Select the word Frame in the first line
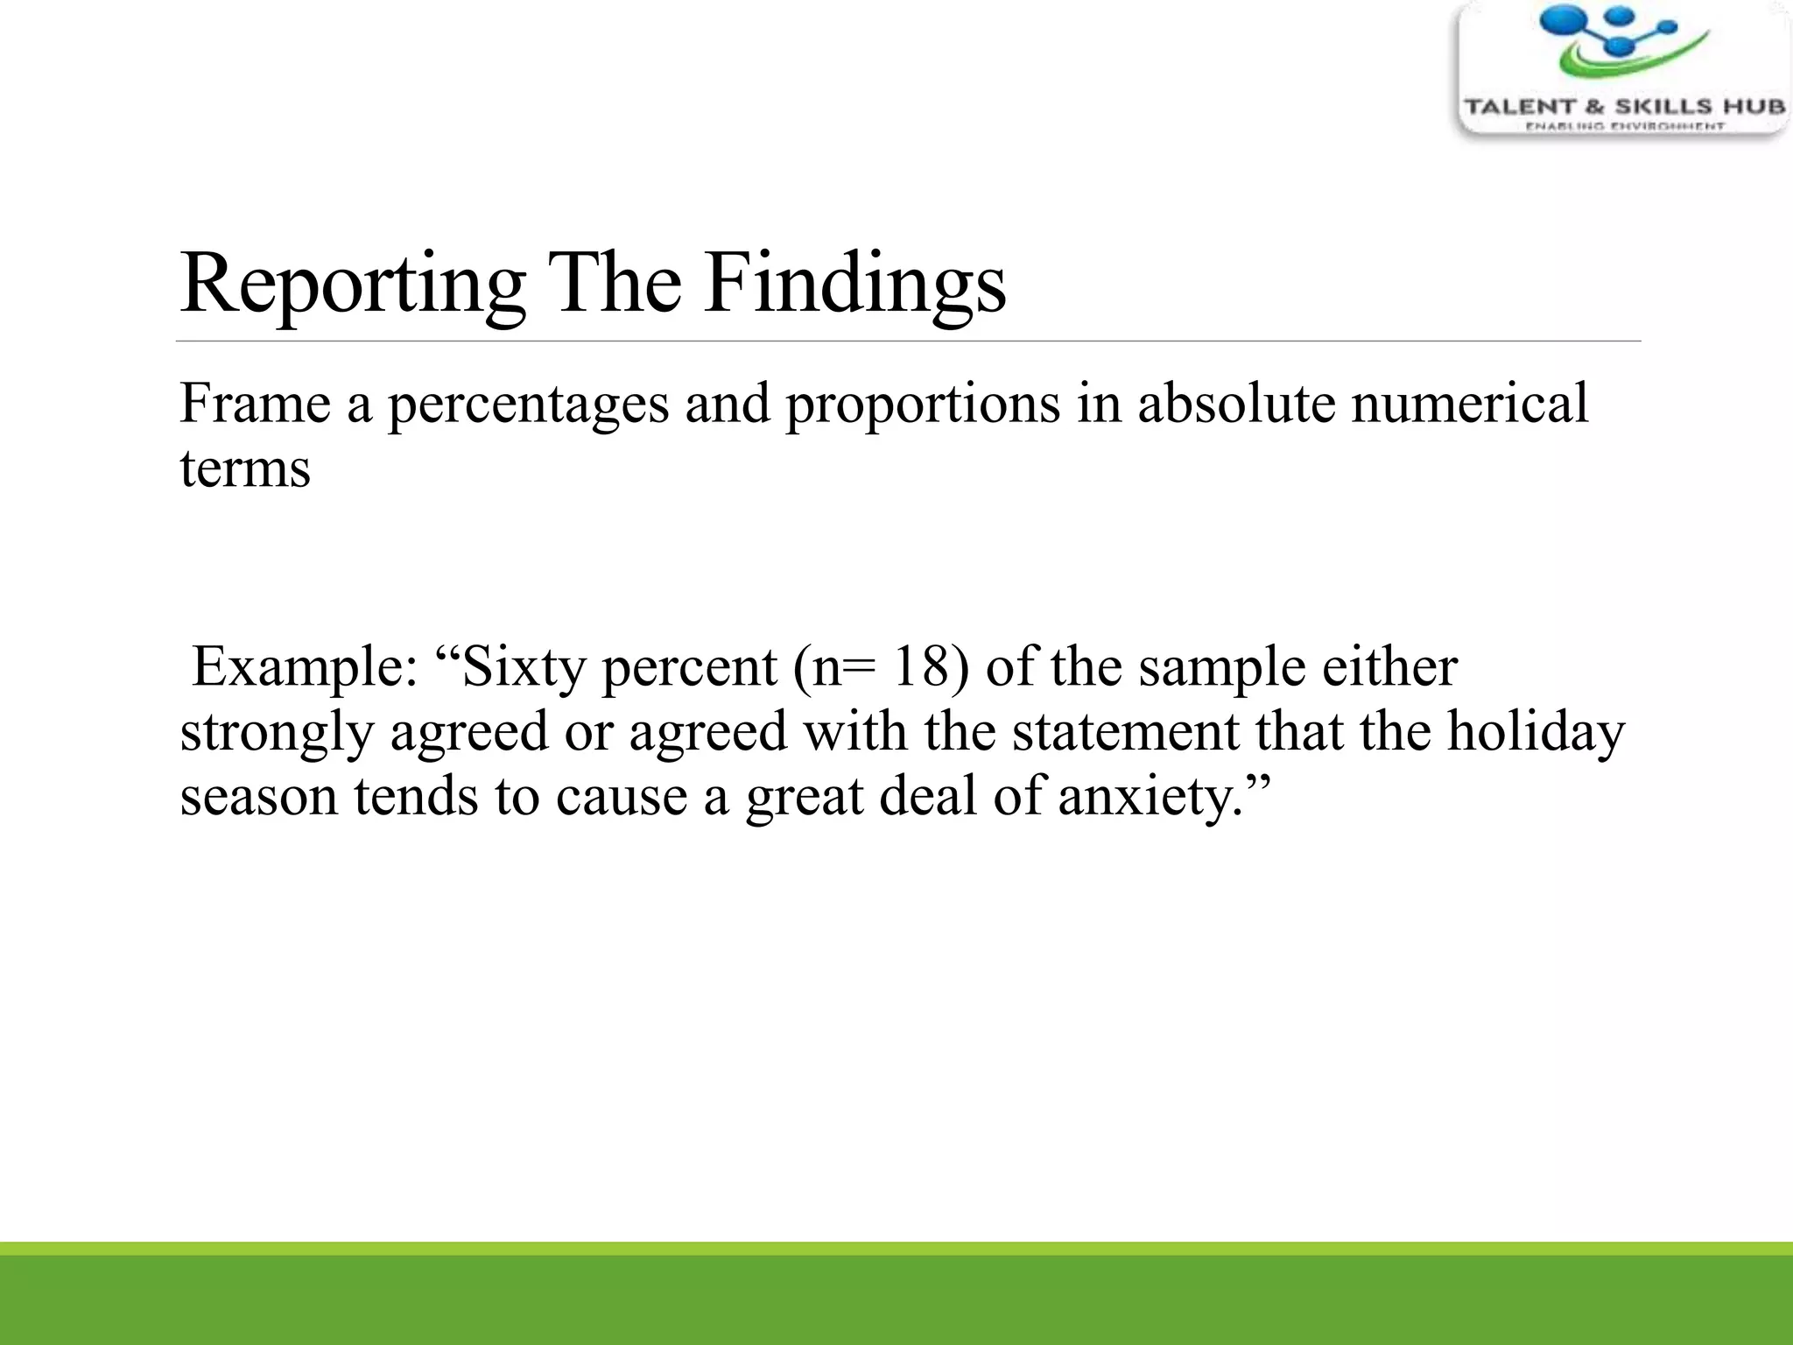tap(255, 405)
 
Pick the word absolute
tap(1236, 405)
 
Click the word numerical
tap(1469, 405)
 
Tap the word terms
tap(245, 469)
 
